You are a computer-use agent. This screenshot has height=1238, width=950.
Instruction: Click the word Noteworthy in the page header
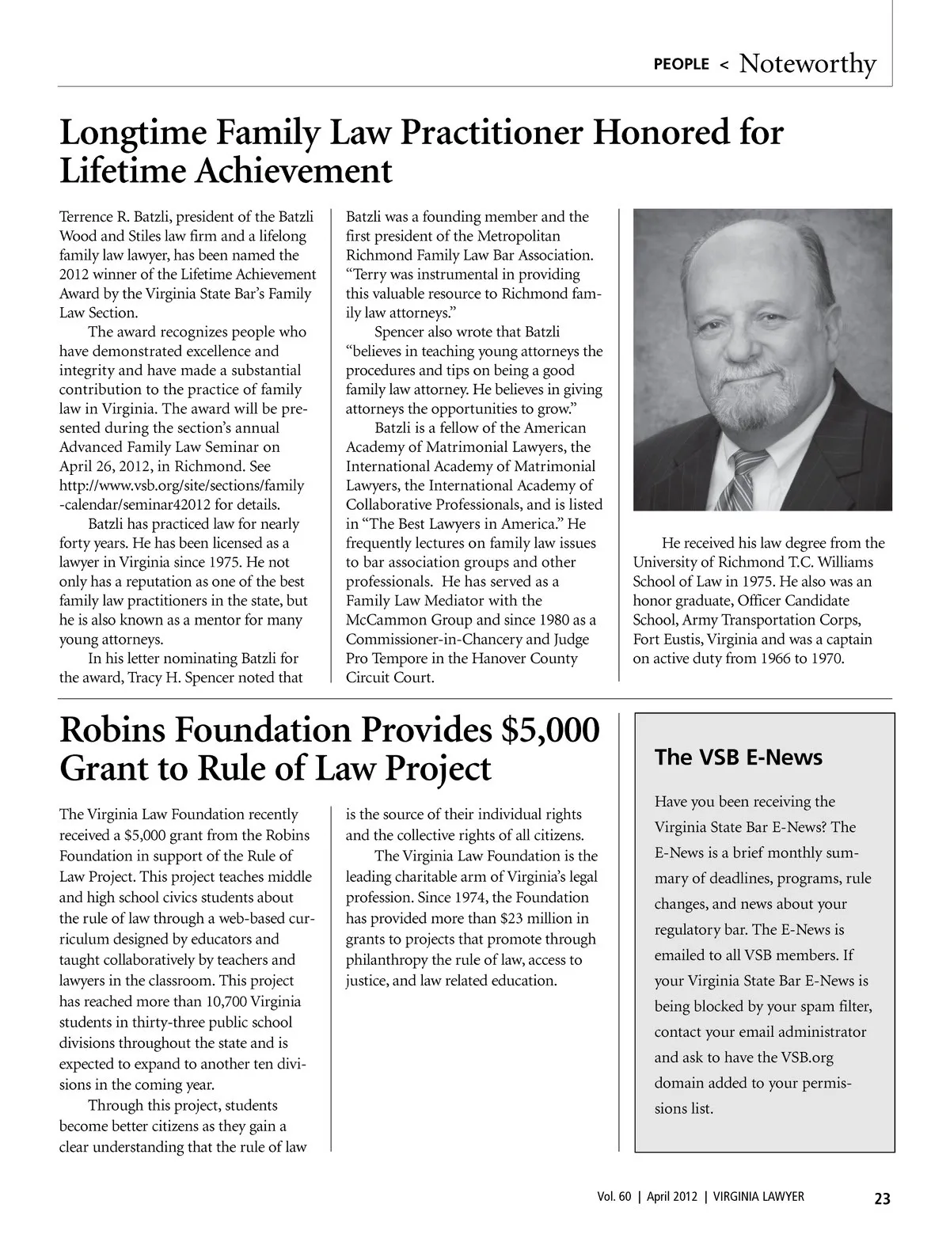[x=807, y=63]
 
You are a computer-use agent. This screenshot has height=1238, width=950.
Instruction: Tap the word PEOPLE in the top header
[x=681, y=65]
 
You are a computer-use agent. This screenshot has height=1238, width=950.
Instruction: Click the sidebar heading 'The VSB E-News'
[x=739, y=758]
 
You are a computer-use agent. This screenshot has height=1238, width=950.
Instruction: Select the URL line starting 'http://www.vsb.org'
[x=181, y=485]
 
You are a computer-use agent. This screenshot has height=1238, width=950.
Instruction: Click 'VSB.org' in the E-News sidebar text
[x=807, y=1058]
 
